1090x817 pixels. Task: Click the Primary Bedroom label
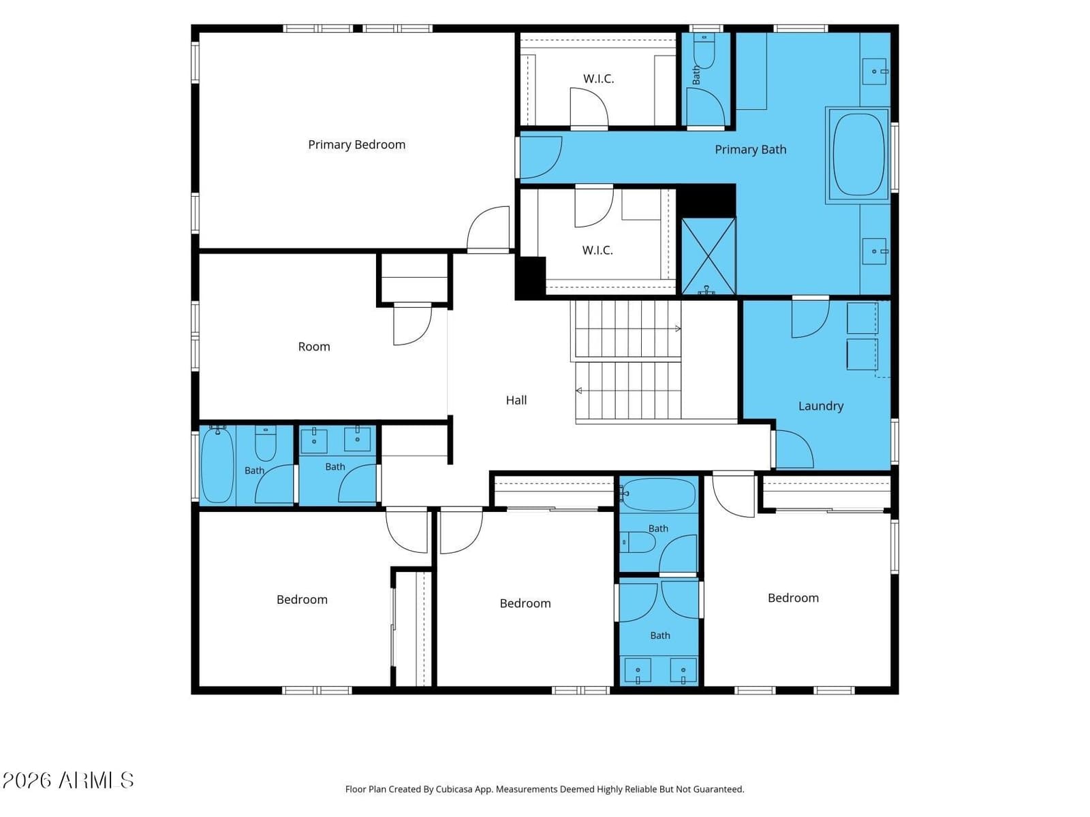pos(356,145)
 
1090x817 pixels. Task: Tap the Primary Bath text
pos(750,150)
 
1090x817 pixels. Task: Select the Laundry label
pos(821,406)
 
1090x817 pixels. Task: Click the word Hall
pos(516,400)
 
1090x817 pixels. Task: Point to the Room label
pos(314,347)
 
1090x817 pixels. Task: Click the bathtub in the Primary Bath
pos(858,155)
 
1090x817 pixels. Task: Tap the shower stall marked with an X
pos(708,256)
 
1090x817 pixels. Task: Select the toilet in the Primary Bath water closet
pos(704,50)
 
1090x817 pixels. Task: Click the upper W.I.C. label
pos(598,78)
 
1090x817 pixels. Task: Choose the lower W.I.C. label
pos(597,250)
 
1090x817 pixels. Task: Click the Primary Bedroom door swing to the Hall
pos(488,227)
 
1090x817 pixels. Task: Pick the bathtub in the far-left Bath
pos(217,465)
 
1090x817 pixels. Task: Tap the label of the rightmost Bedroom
pos(793,598)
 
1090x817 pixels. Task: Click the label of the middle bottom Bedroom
pos(525,604)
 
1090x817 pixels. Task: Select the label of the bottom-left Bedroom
pos(302,600)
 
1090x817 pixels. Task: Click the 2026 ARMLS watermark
pos(68,780)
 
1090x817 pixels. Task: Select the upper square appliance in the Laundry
pos(862,318)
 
